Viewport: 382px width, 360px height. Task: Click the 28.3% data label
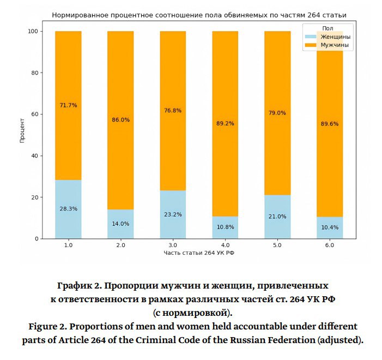coord(68,208)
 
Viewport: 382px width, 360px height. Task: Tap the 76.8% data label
coord(173,111)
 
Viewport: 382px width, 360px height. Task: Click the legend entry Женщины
coord(335,37)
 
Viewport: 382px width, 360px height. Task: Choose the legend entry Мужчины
coord(335,46)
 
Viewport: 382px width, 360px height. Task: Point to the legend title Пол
coord(328,28)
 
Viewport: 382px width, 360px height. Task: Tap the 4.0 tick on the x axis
coord(225,245)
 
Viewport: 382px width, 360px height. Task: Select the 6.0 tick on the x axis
coord(330,245)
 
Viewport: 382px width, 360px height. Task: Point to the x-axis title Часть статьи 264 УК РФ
coord(199,254)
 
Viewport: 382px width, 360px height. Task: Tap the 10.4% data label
coord(330,226)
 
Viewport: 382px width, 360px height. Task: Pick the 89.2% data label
coord(225,124)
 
